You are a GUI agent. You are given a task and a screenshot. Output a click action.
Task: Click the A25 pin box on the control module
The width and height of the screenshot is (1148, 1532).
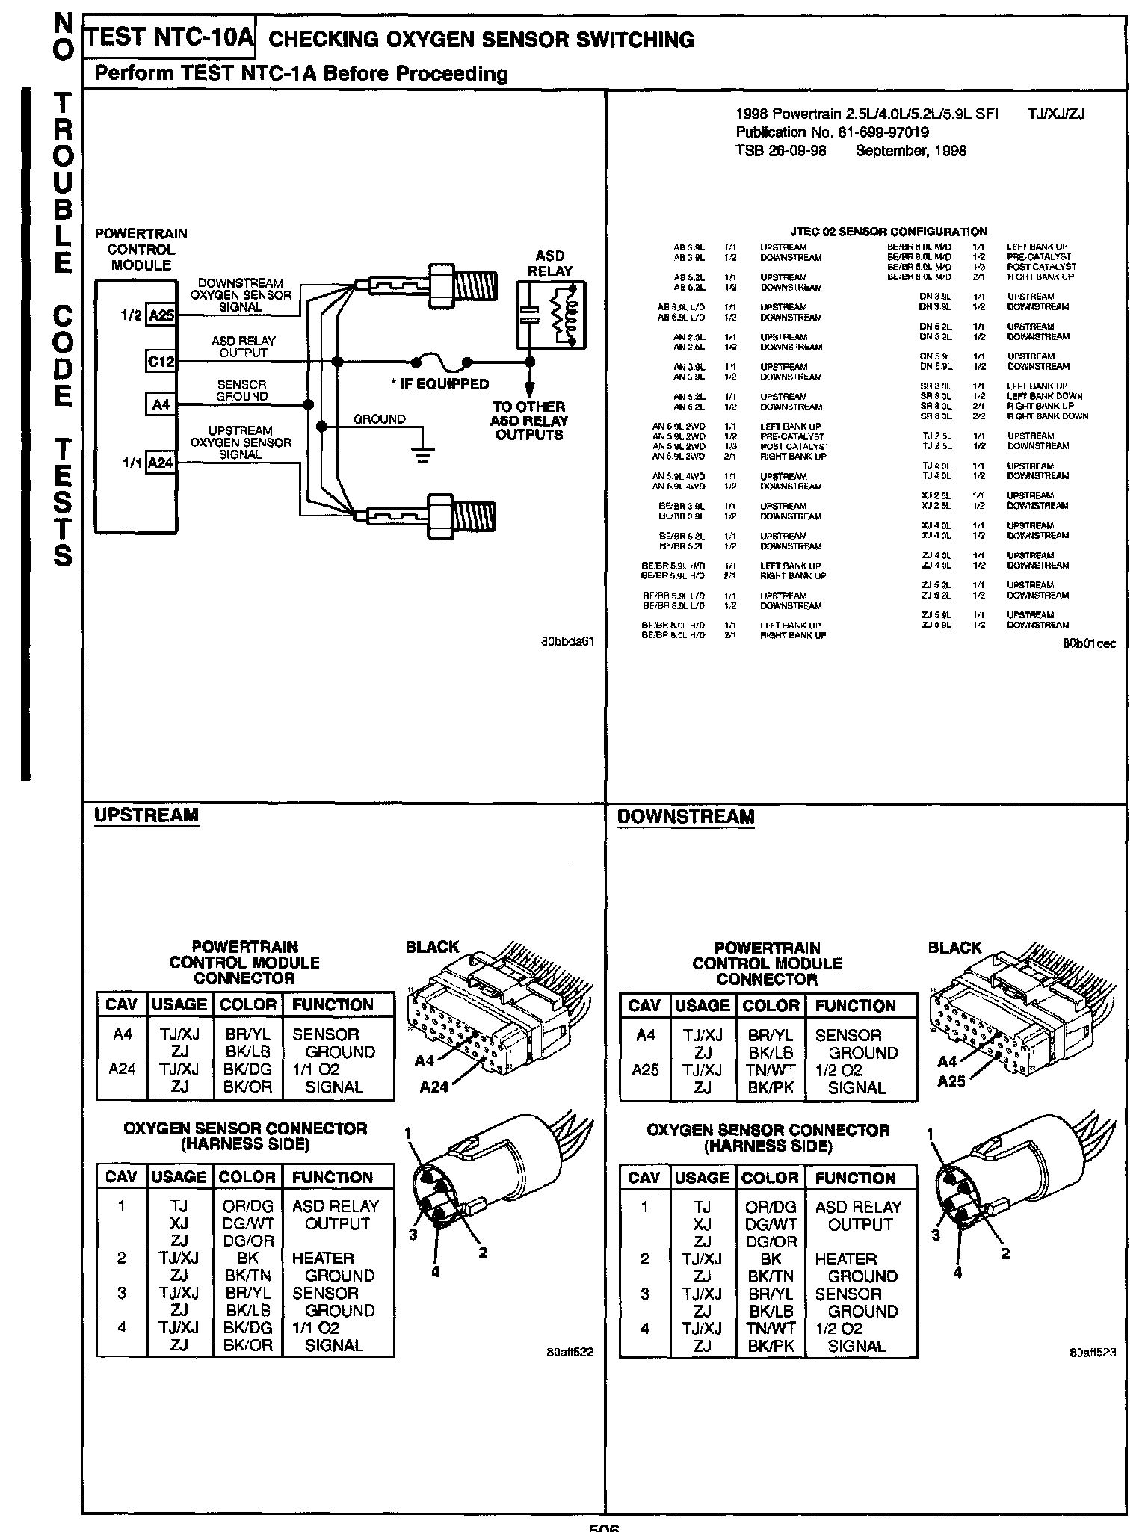click(x=161, y=315)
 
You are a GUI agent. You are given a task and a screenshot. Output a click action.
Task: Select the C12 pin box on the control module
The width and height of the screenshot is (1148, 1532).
click(x=161, y=362)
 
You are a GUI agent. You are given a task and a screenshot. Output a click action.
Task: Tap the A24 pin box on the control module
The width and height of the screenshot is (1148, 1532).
click(x=161, y=463)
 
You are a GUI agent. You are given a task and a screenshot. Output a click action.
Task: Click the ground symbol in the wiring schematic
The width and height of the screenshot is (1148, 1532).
click(x=423, y=454)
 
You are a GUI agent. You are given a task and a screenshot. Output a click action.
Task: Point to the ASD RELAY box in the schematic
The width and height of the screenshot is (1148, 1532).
click(x=552, y=315)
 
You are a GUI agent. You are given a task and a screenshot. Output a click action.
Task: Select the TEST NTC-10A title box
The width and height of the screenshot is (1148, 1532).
click(x=169, y=38)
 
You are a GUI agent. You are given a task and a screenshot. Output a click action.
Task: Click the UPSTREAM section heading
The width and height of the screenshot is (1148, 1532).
click(x=146, y=815)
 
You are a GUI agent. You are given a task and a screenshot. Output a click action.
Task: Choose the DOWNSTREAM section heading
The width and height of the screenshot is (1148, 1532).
click(x=685, y=817)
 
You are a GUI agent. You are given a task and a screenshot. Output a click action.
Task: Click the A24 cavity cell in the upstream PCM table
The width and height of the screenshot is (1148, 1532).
click(x=122, y=1069)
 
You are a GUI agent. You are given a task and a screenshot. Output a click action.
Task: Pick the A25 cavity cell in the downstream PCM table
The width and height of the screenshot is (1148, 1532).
click(x=645, y=1070)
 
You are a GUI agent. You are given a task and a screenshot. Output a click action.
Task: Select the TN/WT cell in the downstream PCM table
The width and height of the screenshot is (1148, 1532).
click(x=771, y=1070)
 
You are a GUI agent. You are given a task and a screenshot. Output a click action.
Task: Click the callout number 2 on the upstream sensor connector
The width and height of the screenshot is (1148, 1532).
click(x=483, y=1253)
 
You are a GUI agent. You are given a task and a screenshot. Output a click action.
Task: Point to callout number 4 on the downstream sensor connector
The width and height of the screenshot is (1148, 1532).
click(x=958, y=1273)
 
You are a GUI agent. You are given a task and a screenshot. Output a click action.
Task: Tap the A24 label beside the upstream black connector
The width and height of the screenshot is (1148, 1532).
click(x=434, y=1087)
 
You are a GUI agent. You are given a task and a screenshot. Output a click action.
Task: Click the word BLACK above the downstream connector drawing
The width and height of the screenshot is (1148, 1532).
click(x=954, y=948)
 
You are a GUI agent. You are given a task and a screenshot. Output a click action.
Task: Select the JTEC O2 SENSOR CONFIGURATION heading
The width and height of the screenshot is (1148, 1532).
click(x=888, y=232)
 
